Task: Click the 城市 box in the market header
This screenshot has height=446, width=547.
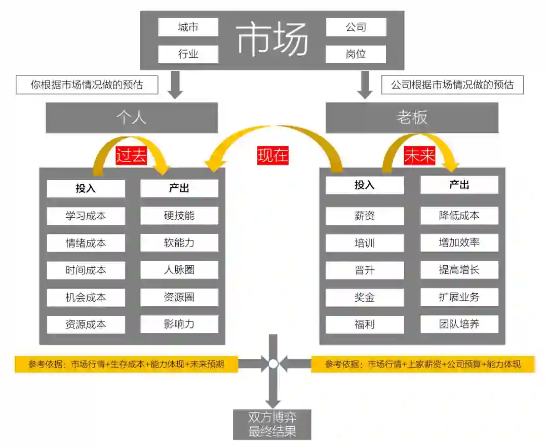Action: click(188, 27)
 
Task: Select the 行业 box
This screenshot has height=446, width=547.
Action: click(188, 54)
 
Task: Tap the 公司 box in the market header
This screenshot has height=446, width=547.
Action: click(356, 27)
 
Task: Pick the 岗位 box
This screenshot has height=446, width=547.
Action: click(356, 54)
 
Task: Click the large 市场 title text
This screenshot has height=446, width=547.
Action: click(272, 39)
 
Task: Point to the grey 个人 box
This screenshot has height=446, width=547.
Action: click(132, 118)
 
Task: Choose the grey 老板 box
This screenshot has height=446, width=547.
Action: click(412, 118)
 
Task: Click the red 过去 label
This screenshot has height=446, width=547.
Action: click(131, 155)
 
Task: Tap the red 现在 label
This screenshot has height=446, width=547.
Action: click(272, 155)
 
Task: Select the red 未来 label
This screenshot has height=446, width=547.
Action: click(420, 156)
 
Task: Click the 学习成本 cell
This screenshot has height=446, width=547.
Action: click(86, 216)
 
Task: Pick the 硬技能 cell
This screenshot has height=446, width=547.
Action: click(179, 216)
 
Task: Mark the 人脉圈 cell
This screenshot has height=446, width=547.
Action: click(179, 270)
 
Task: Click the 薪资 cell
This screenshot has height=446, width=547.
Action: click(365, 216)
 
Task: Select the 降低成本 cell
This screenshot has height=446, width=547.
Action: click(459, 216)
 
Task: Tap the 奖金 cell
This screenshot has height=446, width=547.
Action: click(365, 297)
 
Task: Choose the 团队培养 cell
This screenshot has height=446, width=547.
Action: click(459, 324)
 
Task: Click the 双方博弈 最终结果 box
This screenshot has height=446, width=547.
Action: click(272, 424)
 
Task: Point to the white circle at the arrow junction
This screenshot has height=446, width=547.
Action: click(273, 363)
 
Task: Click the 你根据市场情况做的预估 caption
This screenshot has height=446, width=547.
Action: click(87, 85)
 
